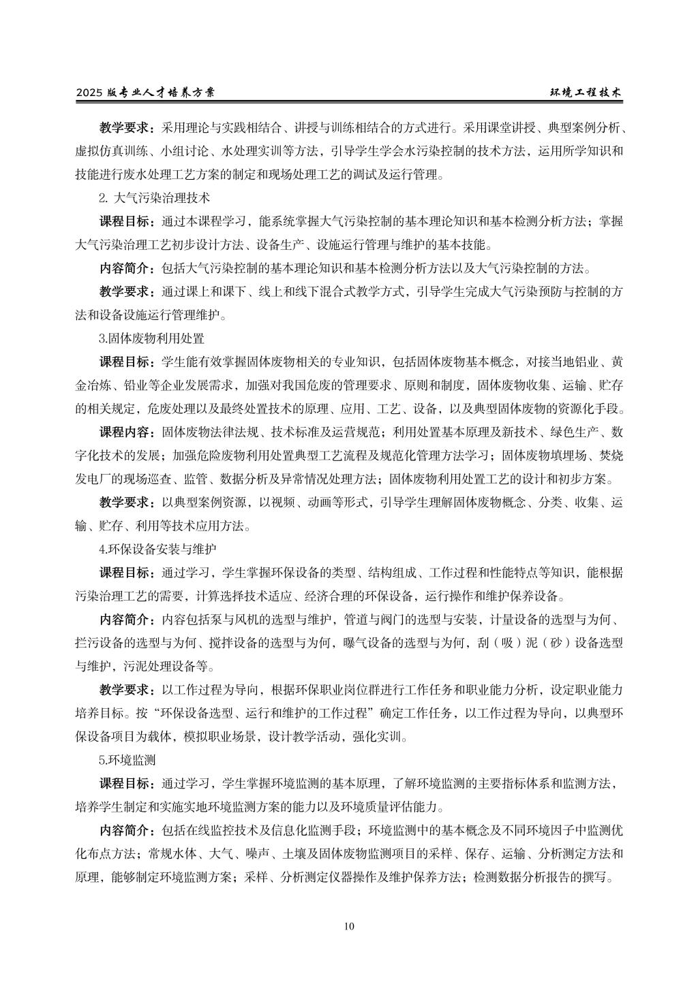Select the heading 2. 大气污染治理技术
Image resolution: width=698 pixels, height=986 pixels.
coord(154,197)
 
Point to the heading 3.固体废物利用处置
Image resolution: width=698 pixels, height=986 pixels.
coord(152,338)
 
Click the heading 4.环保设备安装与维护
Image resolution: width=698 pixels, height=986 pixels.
coord(158,549)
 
